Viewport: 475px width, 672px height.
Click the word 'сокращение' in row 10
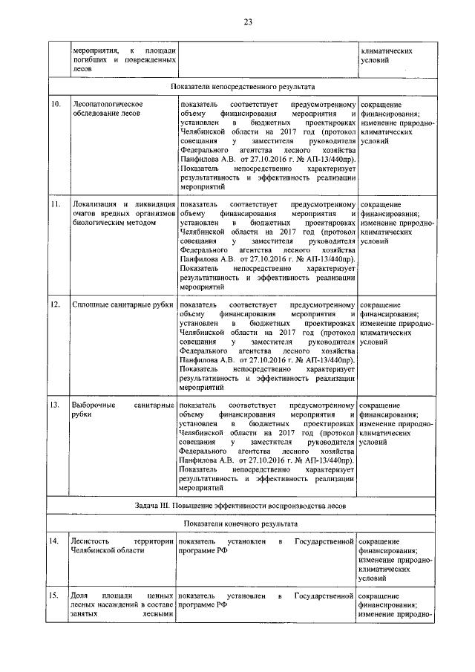point(380,104)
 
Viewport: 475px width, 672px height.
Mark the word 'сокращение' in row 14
point(380,541)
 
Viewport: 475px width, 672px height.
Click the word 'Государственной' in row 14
point(324,541)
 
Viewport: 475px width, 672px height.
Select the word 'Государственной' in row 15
point(324,596)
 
